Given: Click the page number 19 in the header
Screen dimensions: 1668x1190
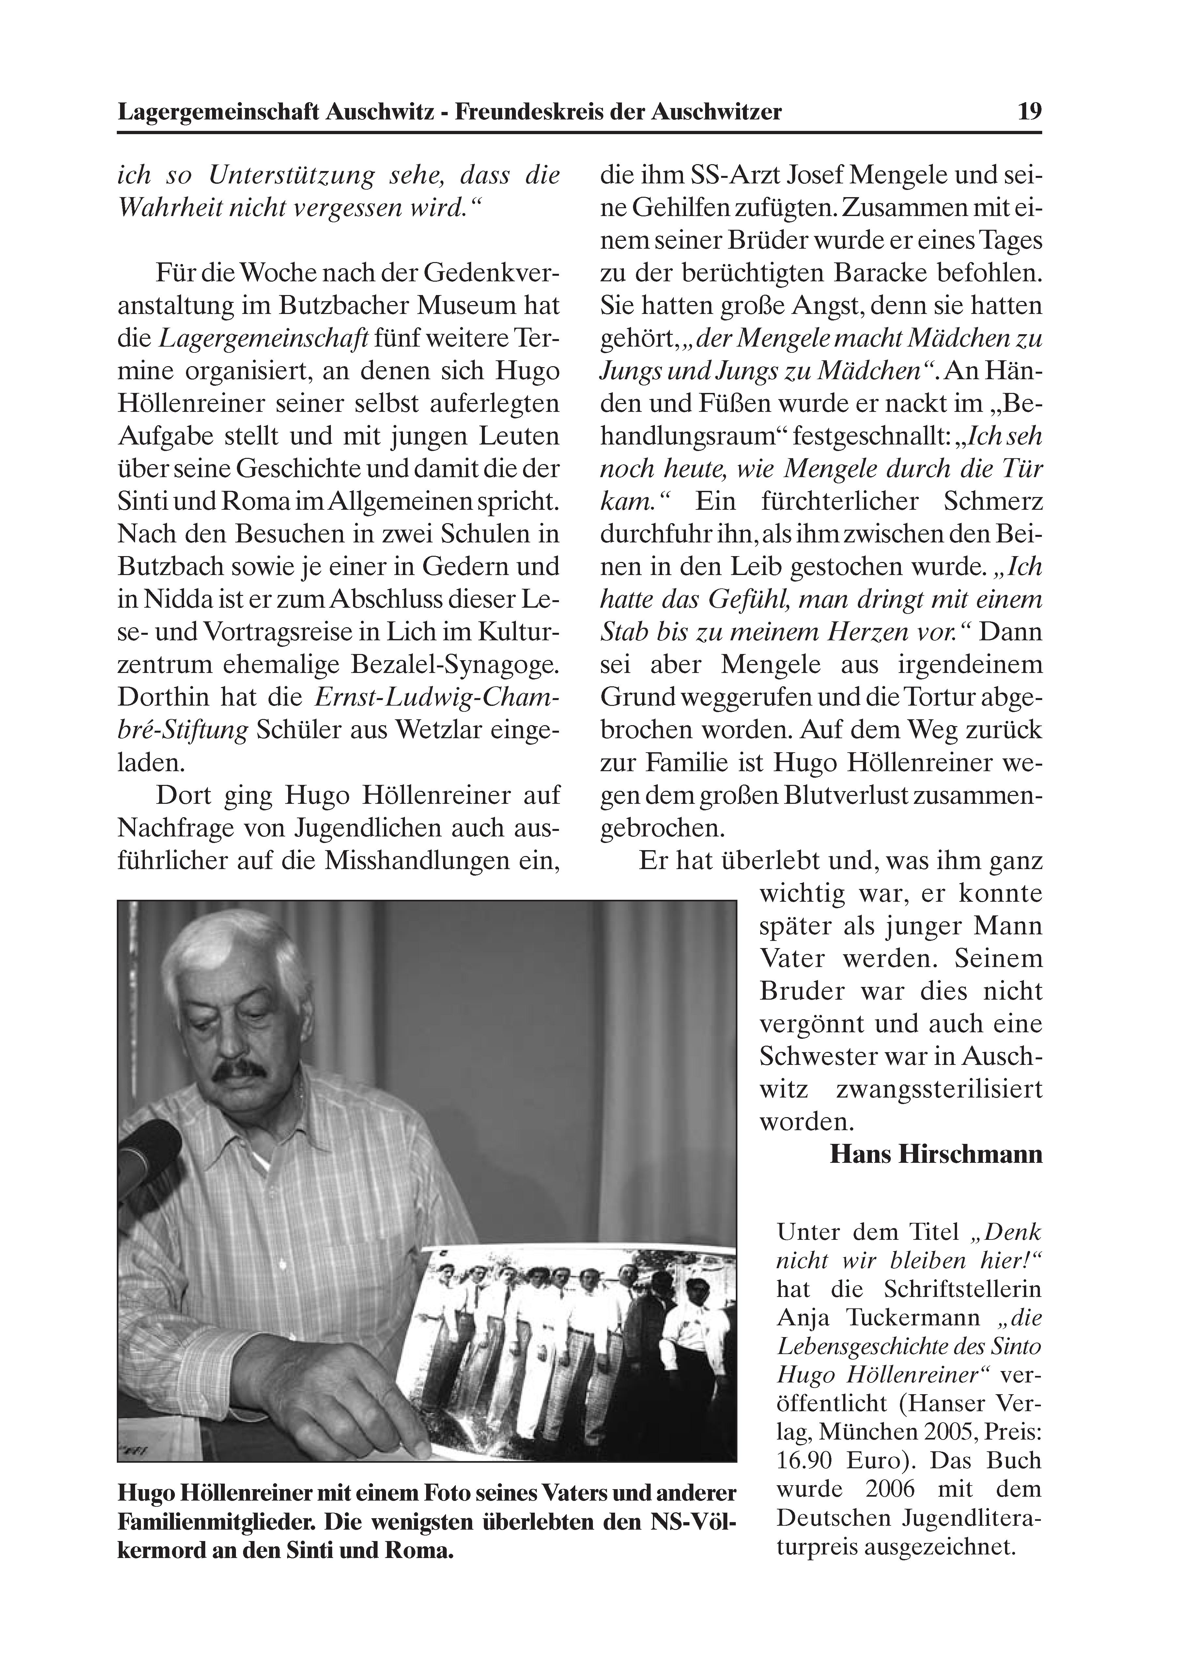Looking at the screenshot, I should (1029, 111).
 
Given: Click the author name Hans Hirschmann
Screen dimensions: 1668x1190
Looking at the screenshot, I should (936, 1154).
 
